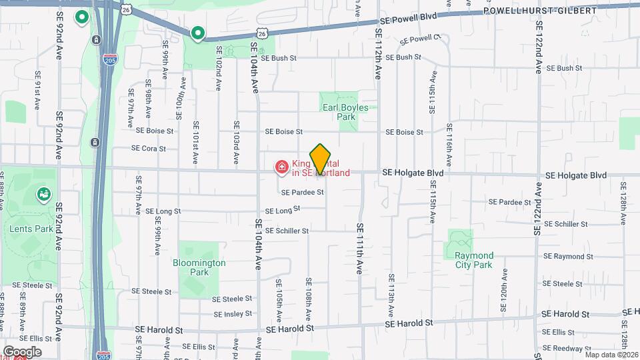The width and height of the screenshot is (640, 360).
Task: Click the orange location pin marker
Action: coord(321,159)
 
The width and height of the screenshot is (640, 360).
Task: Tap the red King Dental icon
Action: coord(282,167)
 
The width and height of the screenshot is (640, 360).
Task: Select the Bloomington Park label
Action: coord(199,267)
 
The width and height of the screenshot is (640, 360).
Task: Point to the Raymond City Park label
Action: coord(469,260)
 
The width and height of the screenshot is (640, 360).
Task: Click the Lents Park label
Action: coord(26,228)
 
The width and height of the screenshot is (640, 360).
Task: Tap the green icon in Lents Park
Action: coord(44,194)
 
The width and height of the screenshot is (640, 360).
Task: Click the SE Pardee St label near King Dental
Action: coord(302,192)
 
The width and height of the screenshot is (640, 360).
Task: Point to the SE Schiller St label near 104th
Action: coord(287,231)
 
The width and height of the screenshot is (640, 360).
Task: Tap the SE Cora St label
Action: coord(148,148)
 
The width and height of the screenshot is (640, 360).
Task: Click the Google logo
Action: coord(22,351)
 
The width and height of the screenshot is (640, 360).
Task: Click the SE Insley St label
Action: coord(233,313)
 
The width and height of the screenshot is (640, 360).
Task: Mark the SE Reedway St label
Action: coord(562,347)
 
